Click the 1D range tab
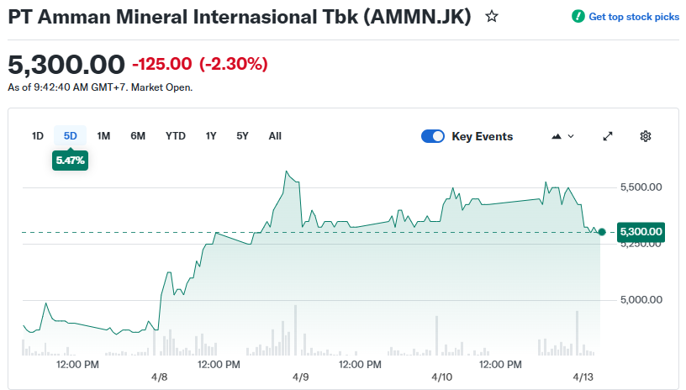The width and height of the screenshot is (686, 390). coord(38,136)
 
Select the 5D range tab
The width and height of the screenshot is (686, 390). coord(71,136)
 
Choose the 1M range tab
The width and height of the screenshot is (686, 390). coord(103,136)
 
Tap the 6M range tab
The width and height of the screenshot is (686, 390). coord(138,136)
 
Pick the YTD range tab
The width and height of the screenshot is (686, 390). coord(176,136)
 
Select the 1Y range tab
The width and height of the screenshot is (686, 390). coord(211,136)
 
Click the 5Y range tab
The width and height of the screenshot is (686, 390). coord(242,136)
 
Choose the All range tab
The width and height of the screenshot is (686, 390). coord(275,136)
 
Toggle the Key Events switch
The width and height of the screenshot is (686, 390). coord(433,136)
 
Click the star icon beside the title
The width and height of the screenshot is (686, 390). coord(492,16)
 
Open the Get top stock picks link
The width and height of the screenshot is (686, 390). coord(625,17)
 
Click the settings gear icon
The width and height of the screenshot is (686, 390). coord(646,136)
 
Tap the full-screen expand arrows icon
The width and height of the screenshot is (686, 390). coord(609,136)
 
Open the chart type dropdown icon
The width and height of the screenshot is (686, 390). coord(562,136)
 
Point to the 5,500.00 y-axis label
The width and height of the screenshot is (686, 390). coord(641,187)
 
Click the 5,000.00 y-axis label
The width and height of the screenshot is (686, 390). coord(641,300)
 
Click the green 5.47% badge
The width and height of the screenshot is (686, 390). coord(71,160)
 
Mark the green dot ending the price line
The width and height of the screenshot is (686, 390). coord(601,232)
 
